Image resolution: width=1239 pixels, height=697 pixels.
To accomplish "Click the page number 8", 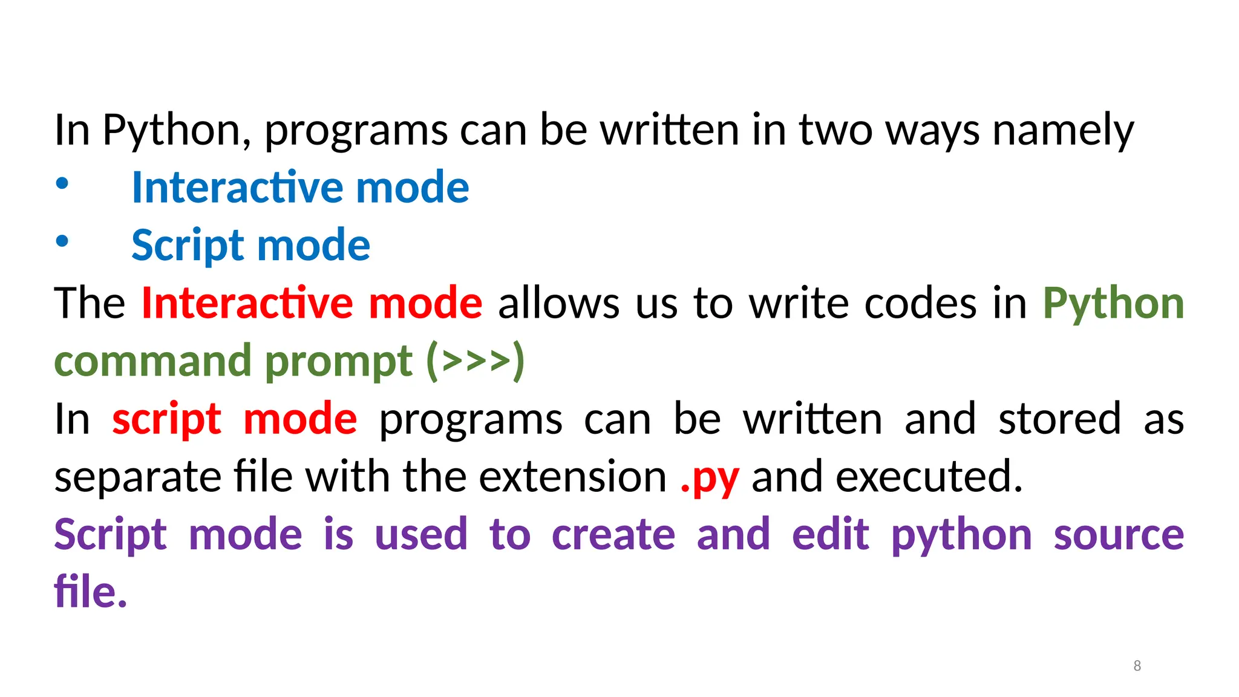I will pyautogui.click(x=1137, y=666).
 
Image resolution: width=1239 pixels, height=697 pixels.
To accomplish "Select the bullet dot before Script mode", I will pyautogui.click(x=62, y=241).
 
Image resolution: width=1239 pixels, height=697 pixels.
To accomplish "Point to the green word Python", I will pyautogui.click(x=1113, y=304).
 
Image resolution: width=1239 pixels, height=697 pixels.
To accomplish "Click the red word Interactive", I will pyautogui.click(x=247, y=304).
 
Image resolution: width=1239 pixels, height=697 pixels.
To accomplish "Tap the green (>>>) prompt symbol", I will pyautogui.click(x=476, y=361).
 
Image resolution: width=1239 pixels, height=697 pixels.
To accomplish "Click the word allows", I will pyautogui.click(x=558, y=304).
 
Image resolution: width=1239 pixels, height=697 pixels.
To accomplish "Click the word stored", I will pyautogui.click(x=1059, y=419).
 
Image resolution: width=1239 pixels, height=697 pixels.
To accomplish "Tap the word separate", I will pyautogui.click(x=137, y=477).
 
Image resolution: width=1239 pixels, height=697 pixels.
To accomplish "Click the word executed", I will pyautogui.click(x=929, y=477).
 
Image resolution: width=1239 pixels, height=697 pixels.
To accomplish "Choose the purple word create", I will pyautogui.click(x=613, y=535).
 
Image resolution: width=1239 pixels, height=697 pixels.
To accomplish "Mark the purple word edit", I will pyautogui.click(x=830, y=535).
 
